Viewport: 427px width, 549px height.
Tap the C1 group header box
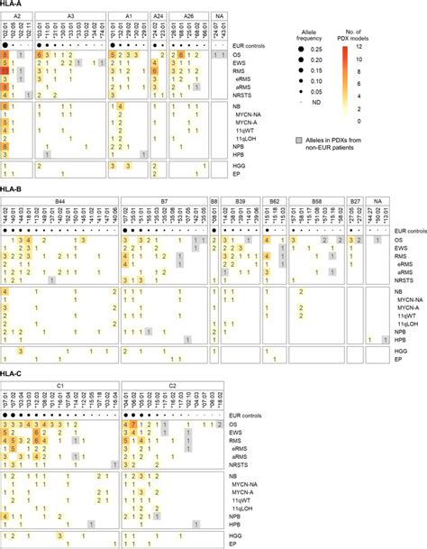60,386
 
